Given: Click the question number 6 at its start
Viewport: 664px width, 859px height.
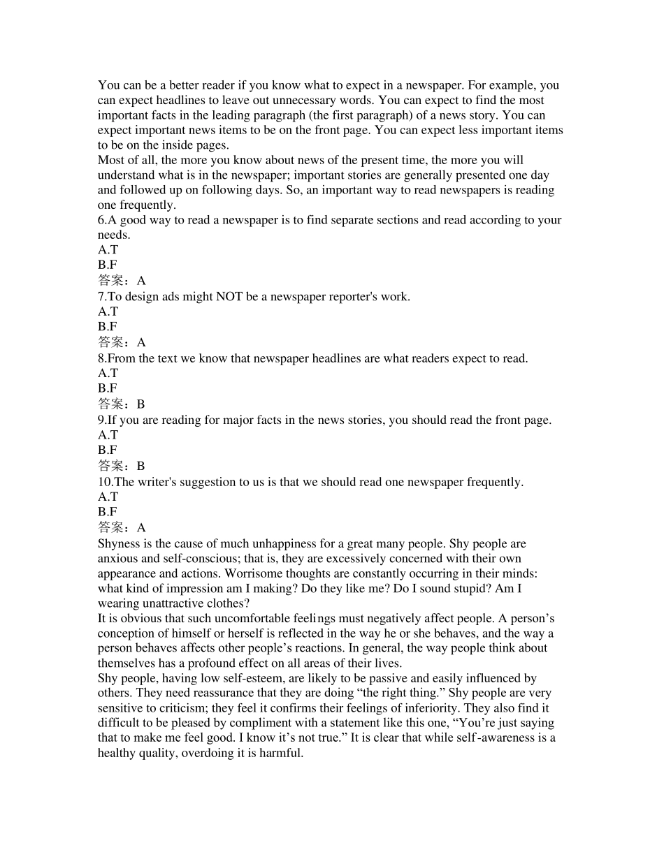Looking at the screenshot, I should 101,220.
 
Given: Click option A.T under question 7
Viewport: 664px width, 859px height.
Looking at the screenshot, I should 108,311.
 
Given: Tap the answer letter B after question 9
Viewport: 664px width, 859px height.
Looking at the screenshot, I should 140,466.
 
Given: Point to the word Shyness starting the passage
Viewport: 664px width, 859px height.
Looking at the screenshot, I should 120,543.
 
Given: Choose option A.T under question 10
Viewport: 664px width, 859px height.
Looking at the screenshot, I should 108,497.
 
